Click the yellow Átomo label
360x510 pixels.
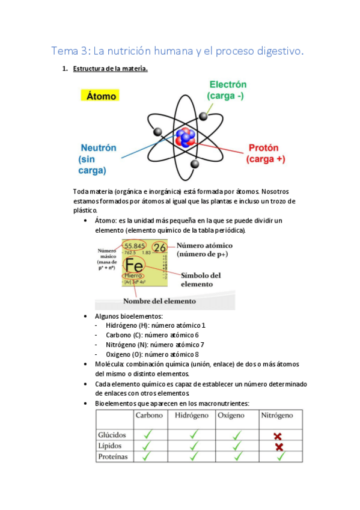point(101,96)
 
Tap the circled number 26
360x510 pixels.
point(159,247)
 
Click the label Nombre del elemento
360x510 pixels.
point(159,300)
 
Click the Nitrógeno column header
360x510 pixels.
point(276,416)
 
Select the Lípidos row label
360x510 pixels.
point(110,446)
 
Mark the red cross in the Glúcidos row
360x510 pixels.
point(278,435)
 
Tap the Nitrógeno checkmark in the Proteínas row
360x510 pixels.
point(279,456)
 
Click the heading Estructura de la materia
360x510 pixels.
point(110,69)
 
